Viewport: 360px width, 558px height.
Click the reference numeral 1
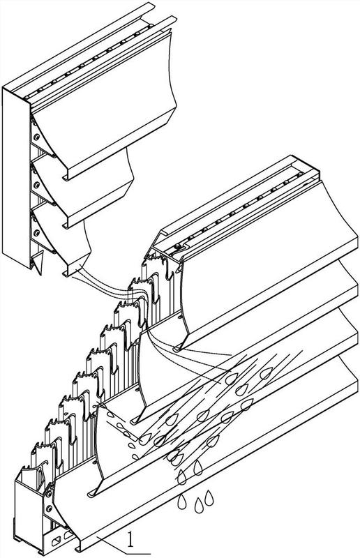[x=131, y=539]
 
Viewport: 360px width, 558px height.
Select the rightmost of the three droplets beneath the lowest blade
[x=209, y=498]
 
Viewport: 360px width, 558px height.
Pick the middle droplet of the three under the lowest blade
[x=199, y=505]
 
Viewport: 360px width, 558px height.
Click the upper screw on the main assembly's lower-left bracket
[x=48, y=494]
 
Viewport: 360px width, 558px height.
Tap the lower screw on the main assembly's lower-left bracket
[x=50, y=508]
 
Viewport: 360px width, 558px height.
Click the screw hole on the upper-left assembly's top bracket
[x=36, y=136]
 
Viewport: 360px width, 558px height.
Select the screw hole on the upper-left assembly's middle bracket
[x=36, y=185]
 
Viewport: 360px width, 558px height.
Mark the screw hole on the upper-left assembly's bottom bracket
[x=36, y=233]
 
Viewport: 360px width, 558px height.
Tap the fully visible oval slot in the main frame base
[x=57, y=542]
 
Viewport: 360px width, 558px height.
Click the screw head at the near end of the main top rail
[x=177, y=246]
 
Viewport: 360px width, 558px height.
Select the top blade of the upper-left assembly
[x=103, y=107]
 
